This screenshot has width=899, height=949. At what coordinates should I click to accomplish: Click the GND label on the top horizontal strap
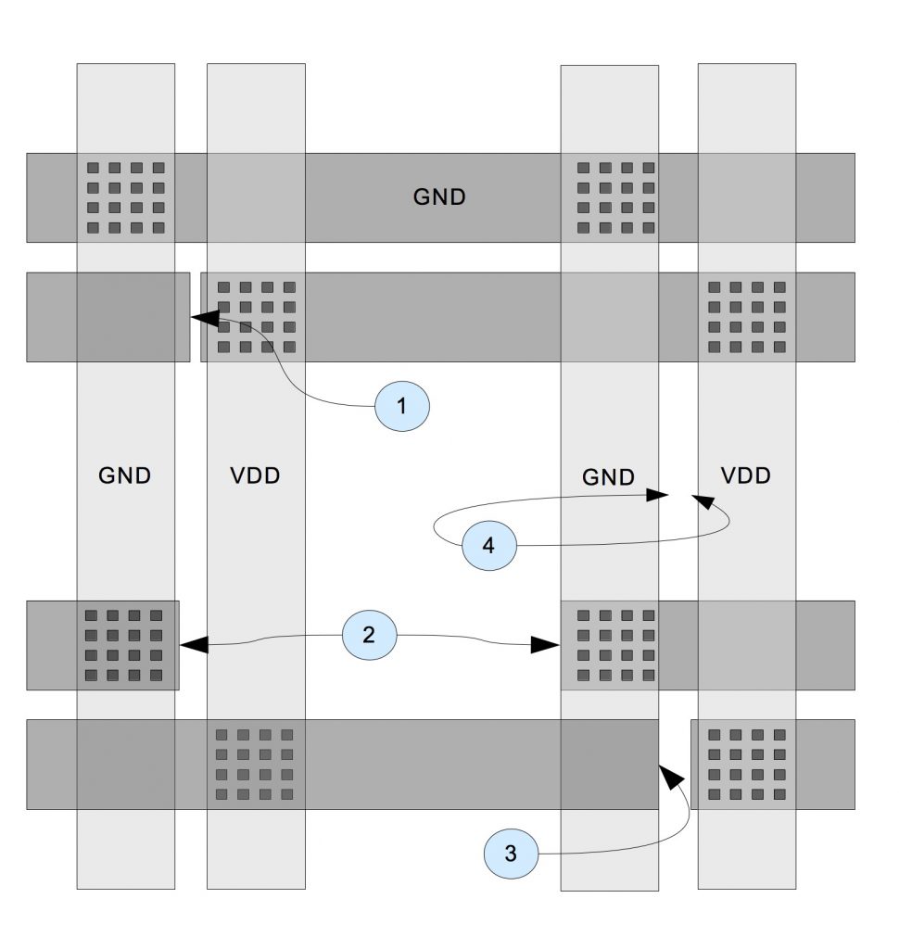click(x=438, y=197)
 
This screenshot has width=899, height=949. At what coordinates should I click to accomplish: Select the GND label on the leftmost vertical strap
click(x=124, y=476)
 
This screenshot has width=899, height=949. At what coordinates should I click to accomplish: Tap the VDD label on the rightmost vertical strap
click(x=745, y=476)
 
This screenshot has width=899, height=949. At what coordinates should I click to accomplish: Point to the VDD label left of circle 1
click(x=254, y=476)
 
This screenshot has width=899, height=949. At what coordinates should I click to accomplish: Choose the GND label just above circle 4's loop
click(x=608, y=477)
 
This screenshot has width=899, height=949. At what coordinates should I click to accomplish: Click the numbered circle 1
click(x=402, y=406)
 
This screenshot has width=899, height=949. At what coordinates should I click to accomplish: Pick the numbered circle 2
click(x=369, y=635)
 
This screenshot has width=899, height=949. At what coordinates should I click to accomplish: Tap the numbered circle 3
click(x=511, y=854)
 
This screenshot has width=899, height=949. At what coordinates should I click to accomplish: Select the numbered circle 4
click(x=488, y=545)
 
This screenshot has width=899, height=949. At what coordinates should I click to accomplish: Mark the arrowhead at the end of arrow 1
click(x=203, y=317)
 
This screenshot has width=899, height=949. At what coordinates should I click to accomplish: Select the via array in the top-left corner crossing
click(x=125, y=197)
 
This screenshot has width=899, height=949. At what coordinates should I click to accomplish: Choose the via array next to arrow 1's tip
click(x=256, y=317)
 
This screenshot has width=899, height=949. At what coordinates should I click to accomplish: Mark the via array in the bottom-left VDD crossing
click(x=255, y=765)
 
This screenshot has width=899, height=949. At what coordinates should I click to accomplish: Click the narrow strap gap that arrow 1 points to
click(x=196, y=317)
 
